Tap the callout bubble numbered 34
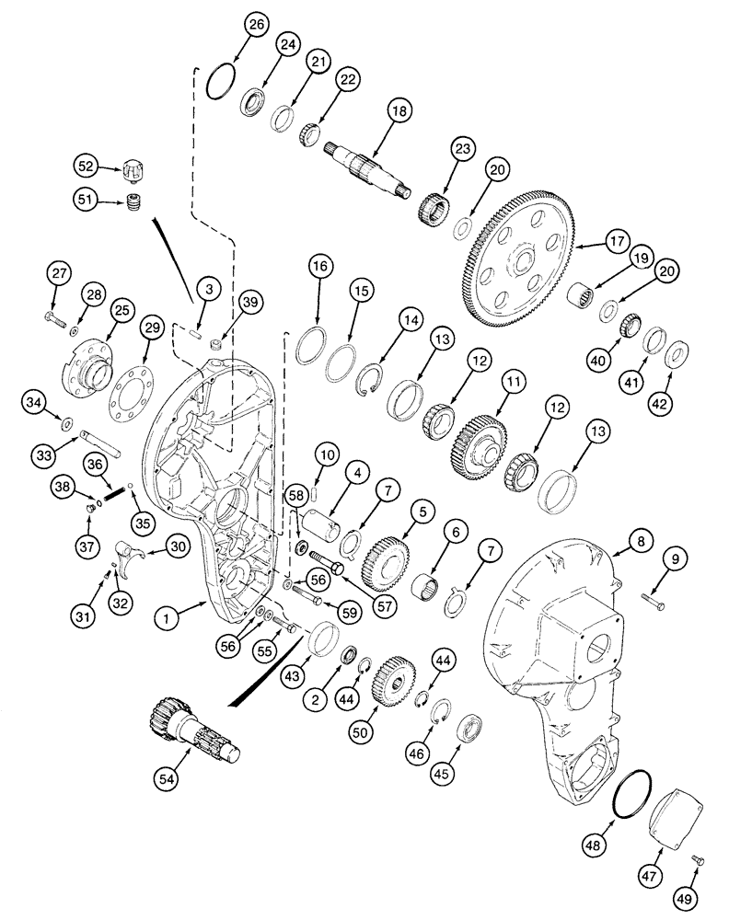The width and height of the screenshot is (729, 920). coord(59,400)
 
